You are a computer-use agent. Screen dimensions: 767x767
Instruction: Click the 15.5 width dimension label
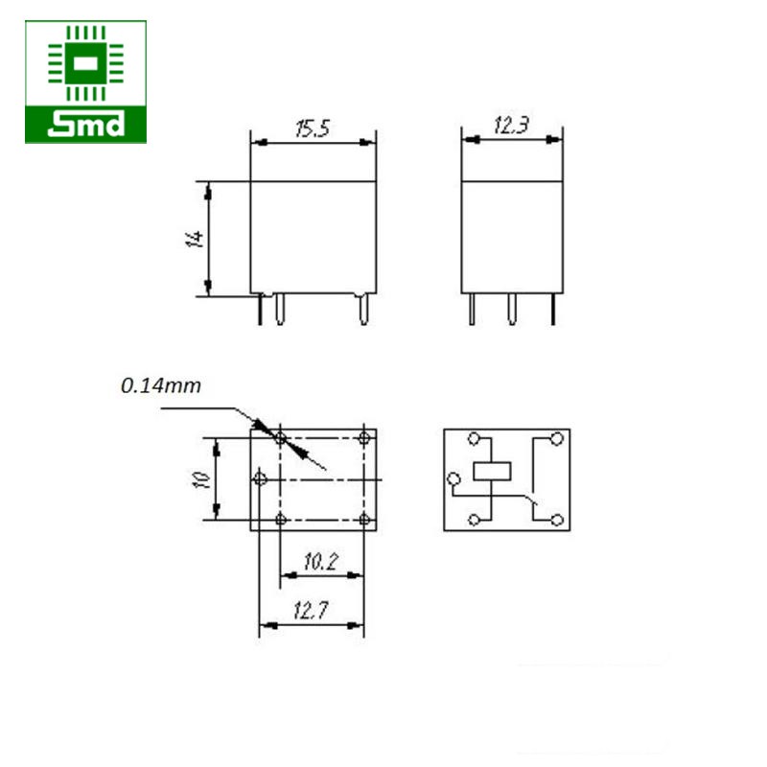pos(314,128)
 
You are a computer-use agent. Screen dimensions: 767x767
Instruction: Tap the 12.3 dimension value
pos(511,126)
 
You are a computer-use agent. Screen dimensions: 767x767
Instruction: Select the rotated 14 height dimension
pos(196,239)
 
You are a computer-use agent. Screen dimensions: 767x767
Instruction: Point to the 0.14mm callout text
pos(161,386)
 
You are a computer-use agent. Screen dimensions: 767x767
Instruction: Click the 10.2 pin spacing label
pos(321,562)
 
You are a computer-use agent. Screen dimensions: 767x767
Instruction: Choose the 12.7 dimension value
pos(311,611)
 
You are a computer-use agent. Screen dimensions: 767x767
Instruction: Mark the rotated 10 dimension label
pos(201,479)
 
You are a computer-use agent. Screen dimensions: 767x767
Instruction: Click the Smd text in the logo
pos(85,125)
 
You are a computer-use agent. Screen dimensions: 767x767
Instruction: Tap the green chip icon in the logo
pos(85,63)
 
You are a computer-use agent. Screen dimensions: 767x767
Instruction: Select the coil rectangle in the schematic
pos(492,472)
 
